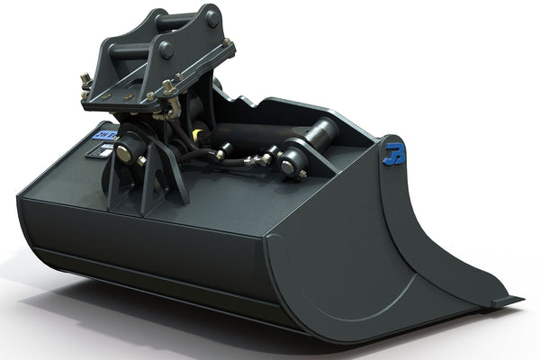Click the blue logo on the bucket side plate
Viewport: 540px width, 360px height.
(394, 152)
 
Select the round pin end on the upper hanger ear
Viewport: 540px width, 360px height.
(212, 16)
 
